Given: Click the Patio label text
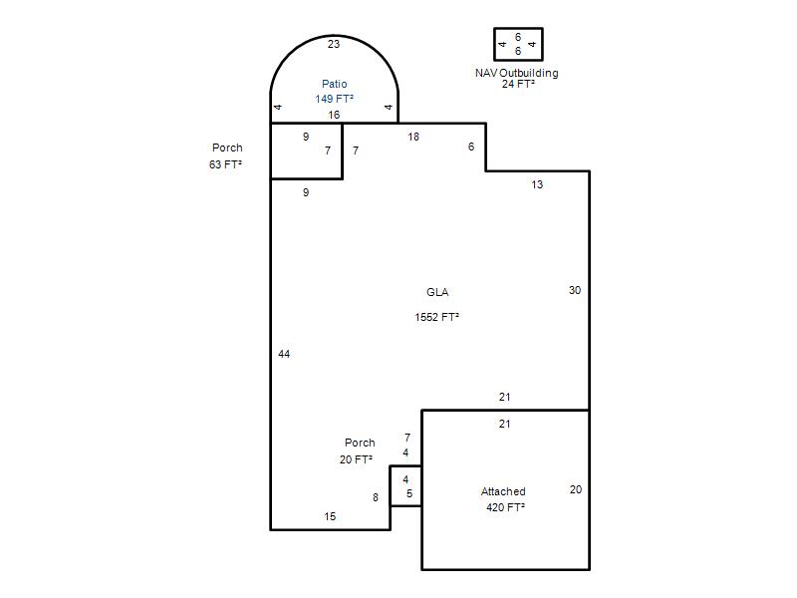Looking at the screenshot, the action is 335,84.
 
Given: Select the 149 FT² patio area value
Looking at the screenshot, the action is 334,99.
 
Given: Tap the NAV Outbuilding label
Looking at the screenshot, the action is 516,73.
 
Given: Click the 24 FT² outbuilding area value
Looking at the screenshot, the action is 518,84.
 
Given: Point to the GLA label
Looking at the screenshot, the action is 437,292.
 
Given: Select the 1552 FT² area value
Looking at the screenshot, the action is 436,317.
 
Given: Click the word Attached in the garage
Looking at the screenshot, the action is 503,491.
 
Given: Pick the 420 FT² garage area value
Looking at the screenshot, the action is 505,507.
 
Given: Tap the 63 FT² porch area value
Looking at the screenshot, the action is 225,164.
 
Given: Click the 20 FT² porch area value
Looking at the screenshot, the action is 356,459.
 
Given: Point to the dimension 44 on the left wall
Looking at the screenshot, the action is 284,354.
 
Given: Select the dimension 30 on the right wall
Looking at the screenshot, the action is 575,290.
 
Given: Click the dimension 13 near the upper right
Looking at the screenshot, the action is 537,184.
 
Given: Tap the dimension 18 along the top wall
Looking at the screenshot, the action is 413,137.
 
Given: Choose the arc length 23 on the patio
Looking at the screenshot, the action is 334,44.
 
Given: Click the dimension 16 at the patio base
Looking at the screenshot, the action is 334,115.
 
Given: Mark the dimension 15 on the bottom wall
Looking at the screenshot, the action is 330,516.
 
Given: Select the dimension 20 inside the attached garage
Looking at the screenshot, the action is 576,489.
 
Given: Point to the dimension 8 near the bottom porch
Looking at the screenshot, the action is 376,497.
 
